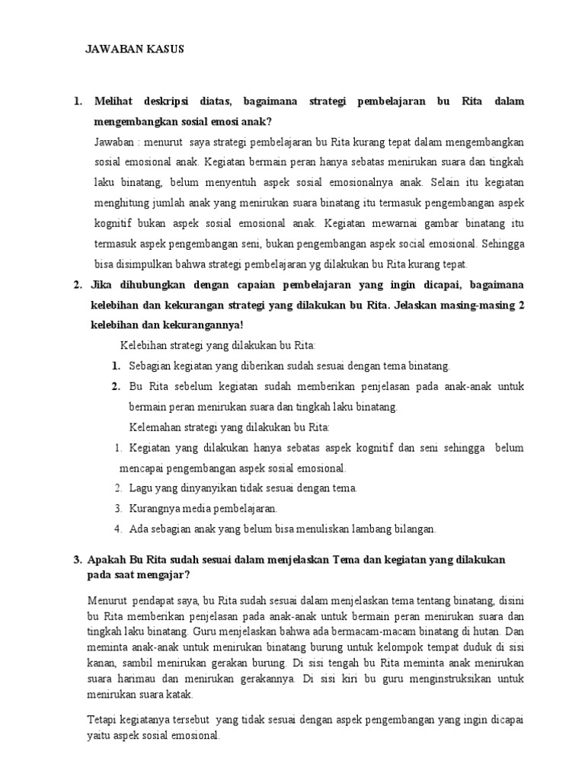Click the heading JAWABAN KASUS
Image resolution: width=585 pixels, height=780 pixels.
(x=134, y=50)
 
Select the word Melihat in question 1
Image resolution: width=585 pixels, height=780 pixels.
(x=113, y=101)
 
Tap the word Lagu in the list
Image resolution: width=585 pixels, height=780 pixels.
(x=140, y=487)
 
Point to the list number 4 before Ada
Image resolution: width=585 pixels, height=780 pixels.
(x=119, y=529)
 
